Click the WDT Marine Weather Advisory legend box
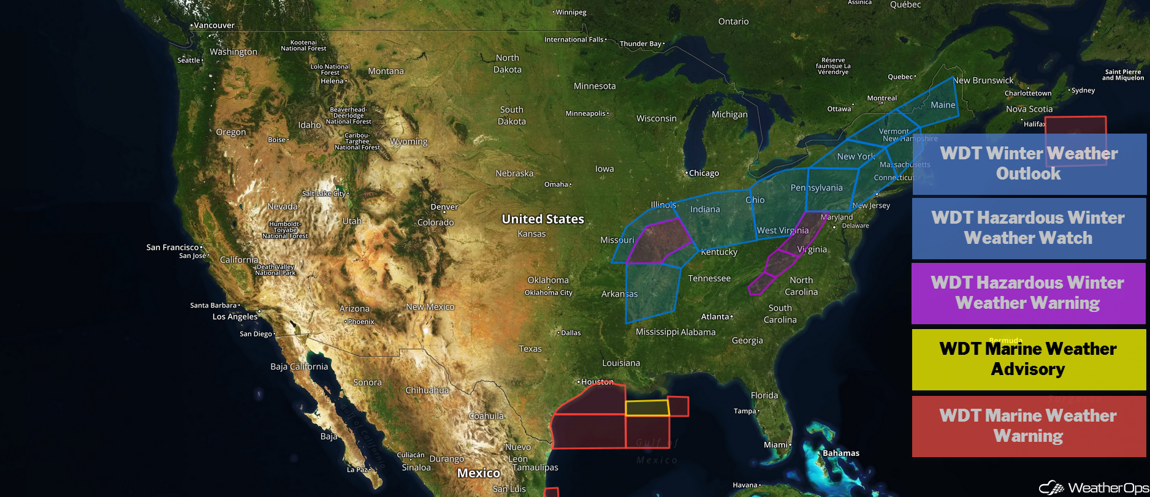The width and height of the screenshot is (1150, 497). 1028,359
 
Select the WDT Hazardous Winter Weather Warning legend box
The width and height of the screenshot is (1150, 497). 1028,293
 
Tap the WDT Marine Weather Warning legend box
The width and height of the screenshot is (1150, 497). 1028,426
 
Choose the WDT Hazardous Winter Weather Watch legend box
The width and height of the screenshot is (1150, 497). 1028,228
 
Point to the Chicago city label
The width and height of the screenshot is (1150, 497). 703,173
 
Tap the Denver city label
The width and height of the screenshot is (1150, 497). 444,207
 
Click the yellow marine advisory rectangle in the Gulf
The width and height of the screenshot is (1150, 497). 647,408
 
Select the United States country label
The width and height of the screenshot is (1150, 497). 543,219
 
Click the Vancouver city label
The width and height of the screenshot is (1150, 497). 213,26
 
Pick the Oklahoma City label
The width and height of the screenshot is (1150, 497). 548,292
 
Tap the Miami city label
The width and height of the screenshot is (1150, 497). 776,445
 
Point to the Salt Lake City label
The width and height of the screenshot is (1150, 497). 324,194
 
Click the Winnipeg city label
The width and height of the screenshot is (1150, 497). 570,12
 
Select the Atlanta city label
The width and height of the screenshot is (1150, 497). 715,317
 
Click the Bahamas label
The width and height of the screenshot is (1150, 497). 840,453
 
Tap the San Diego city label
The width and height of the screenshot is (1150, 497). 256,334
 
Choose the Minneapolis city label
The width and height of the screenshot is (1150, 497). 585,113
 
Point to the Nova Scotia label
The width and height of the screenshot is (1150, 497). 1029,109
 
